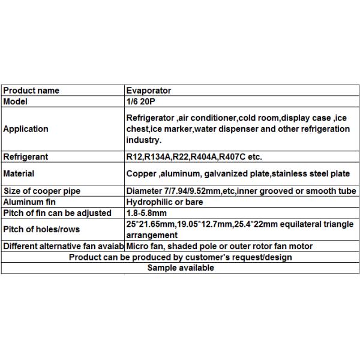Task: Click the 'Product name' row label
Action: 31,91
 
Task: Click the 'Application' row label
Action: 26,129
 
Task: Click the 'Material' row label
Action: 19,174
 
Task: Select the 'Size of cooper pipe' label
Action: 42,191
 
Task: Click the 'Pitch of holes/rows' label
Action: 41,229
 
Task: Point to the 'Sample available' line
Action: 181,268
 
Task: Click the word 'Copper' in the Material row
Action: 142,174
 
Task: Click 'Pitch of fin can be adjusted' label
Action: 57,213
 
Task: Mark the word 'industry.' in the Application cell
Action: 144,140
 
